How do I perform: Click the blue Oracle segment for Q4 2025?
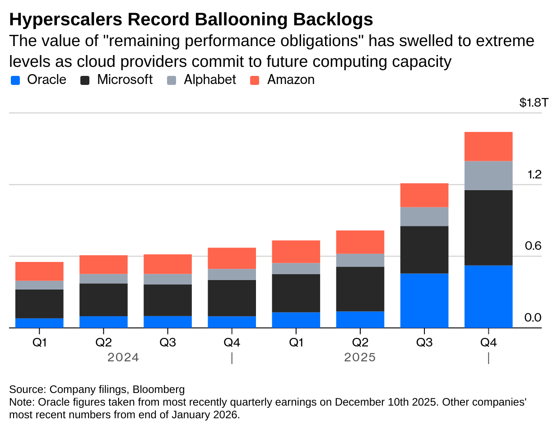click(x=488, y=296)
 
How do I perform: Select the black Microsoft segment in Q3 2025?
click(x=424, y=249)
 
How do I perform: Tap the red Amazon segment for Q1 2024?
click(x=39, y=271)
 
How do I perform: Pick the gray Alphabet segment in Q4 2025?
click(x=488, y=175)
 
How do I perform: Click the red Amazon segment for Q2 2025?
click(x=360, y=242)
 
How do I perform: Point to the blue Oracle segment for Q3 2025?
click(x=424, y=300)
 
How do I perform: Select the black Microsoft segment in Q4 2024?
click(x=232, y=298)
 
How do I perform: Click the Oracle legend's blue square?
click(x=15, y=80)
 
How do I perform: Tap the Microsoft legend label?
click(x=125, y=80)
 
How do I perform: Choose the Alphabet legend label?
click(x=209, y=80)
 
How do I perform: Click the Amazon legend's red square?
click(x=255, y=80)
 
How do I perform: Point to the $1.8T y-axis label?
click(x=533, y=103)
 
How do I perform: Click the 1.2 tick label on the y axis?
click(x=535, y=174)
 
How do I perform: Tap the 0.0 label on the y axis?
click(x=533, y=318)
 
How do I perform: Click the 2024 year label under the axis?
click(x=123, y=358)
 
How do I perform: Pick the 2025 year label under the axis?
click(x=360, y=358)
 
